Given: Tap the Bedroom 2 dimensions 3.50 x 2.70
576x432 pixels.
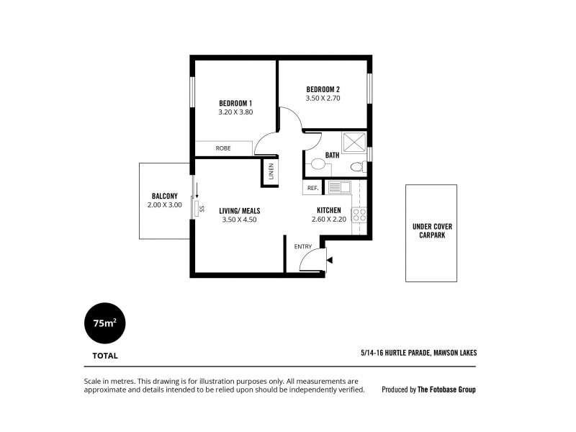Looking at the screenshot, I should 323,99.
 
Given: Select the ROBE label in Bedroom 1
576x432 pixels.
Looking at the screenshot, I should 223,148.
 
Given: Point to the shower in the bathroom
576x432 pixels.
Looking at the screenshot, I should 354,143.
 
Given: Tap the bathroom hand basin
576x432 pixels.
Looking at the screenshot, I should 318,164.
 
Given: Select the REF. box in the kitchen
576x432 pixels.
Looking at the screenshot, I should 312,188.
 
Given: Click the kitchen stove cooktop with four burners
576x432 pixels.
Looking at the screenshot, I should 360,215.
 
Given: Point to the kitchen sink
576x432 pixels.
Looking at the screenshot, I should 338,187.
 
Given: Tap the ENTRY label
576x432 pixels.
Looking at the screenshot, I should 303,247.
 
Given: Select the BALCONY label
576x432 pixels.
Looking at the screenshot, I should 165,196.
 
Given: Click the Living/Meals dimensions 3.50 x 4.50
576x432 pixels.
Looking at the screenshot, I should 240,220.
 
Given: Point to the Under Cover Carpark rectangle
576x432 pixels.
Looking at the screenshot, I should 432,233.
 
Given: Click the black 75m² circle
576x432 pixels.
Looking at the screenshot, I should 105,323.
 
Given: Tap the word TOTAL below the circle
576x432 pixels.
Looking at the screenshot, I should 105,356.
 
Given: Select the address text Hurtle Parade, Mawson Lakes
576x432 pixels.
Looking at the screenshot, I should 419,353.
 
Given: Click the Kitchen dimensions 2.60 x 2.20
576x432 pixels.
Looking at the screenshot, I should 328,220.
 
